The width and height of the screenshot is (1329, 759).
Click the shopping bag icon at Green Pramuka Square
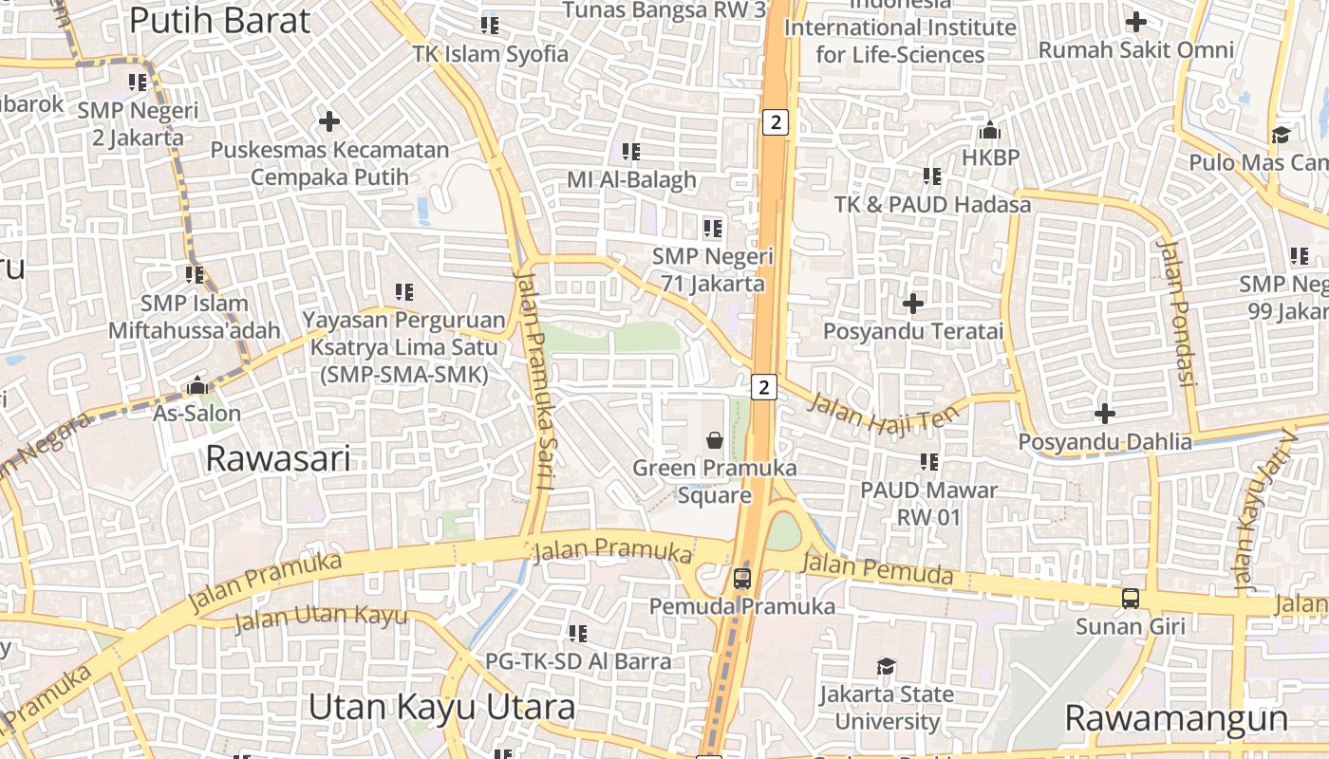click(715, 440)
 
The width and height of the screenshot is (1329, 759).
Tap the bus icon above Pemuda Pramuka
click(742, 578)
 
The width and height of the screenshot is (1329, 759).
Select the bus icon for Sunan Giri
click(1130, 599)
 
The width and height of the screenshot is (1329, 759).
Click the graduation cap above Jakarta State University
click(886, 666)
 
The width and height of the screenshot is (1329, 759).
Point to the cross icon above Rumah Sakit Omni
click(1135, 21)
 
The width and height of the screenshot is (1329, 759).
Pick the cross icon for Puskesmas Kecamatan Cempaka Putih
click(329, 121)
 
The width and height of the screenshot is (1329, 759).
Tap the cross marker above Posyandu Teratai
click(913, 304)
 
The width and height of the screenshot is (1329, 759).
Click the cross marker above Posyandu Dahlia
click(1104, 414)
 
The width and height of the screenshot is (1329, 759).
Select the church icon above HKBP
click(990, 129)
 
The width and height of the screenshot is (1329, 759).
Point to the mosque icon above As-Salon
click(197, 385)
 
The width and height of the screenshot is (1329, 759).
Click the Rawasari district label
click(278, 459)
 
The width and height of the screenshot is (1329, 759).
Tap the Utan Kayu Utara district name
click(442, 708)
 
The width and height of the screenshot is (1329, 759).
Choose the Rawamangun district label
click(1176, 718)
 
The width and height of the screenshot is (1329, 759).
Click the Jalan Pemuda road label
click(877, 569)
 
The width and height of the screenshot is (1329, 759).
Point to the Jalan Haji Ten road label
click(876, 415)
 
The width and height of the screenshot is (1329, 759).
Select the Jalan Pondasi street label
click(1174, 313)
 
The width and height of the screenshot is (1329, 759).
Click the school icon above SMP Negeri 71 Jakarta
click(712, 228)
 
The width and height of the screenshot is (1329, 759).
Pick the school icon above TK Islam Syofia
click(490, 25)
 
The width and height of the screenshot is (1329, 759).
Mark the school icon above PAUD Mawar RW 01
click(929, 461)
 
